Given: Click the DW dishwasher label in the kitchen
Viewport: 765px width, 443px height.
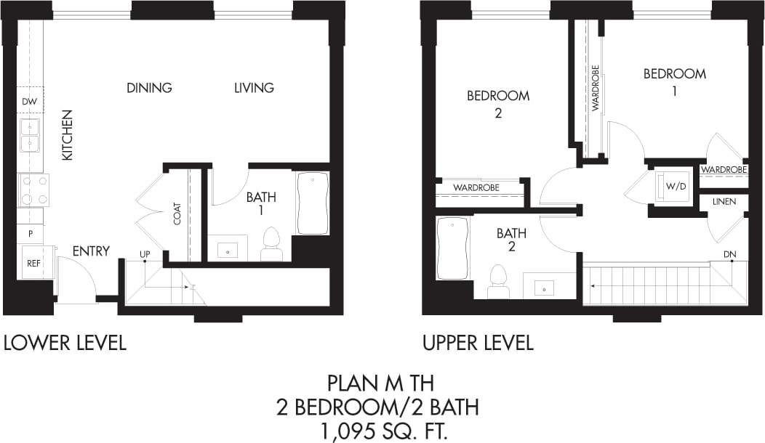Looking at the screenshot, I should pos(29,102).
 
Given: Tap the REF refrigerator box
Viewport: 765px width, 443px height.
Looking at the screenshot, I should pos(33,263).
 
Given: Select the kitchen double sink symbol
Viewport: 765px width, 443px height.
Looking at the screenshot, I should pos(29,136).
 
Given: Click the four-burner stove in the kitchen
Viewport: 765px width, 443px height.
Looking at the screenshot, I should pos(33,190).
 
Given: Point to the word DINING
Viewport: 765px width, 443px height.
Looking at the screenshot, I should pos(149,88).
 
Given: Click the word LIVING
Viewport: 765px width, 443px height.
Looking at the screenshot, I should pos(254,88).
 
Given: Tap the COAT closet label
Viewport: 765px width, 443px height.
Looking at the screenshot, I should pos(177,213).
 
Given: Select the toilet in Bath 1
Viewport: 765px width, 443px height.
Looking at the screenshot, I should pos(271,244).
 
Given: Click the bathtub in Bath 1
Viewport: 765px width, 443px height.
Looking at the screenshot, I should pos(313,203).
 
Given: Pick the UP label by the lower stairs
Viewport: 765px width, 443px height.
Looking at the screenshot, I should pos(145,253).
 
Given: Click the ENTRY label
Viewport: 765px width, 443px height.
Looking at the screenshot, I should pos(91,251).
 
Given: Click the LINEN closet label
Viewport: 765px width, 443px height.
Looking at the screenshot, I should pos(724,201).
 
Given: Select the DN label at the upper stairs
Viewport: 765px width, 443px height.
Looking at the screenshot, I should pos(731,253).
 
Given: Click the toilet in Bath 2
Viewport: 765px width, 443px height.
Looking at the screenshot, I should pos(498,281).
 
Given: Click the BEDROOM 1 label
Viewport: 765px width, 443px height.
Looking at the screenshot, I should pos(674,81).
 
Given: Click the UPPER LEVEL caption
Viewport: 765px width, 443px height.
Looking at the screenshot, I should pos(478,343).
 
